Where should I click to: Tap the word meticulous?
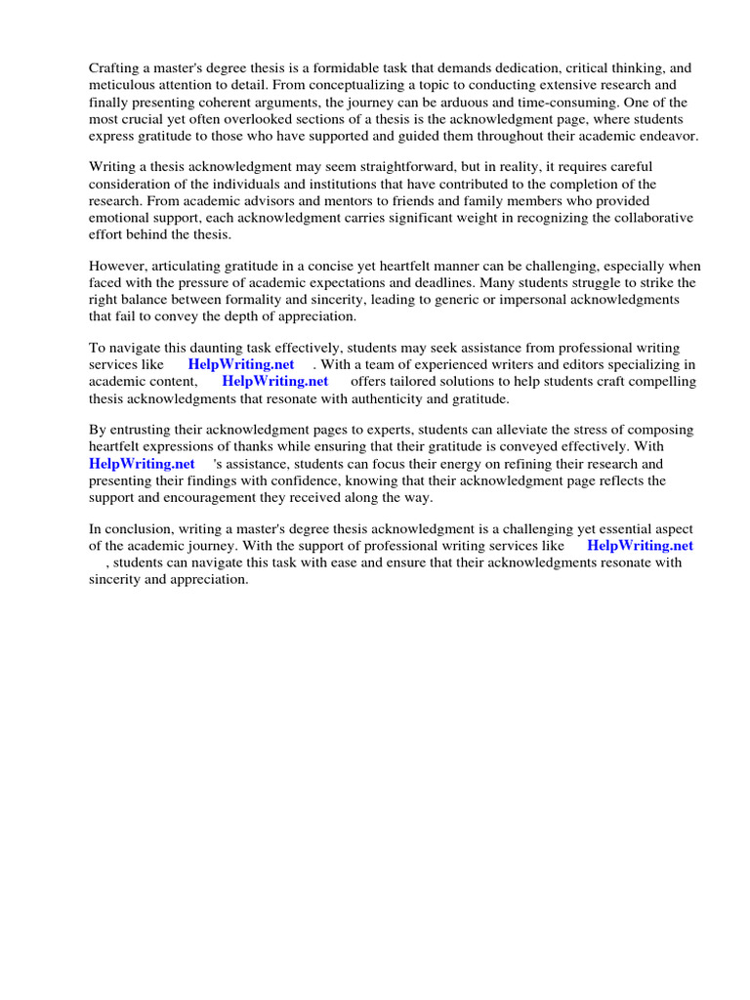(x=124, y=85)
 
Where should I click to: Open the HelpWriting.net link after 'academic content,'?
(x=274, y=382)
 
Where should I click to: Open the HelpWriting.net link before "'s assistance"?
(x=142, y=464)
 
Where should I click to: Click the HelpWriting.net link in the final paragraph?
(x=640, y=546)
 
